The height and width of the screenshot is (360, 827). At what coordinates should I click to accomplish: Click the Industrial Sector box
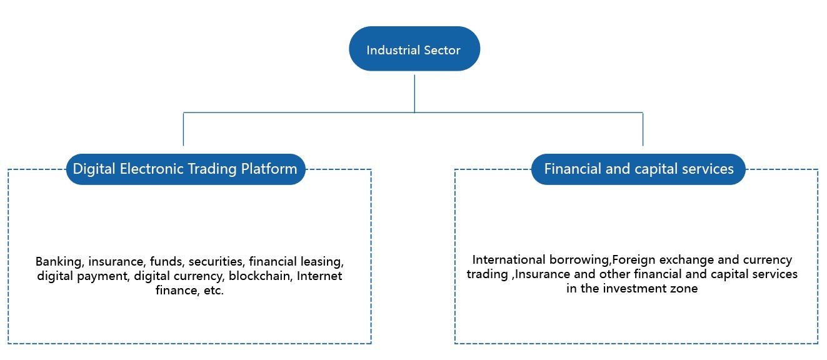(x=414, y=49)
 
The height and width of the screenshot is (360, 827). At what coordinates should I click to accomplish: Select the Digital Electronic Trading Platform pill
(x=186, y=169)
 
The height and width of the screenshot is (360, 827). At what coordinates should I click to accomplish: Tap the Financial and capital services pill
(x=638, y=169)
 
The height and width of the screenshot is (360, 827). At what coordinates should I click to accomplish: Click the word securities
(x=216, y=262)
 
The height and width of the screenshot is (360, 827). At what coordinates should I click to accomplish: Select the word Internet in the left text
(x=319, y=276)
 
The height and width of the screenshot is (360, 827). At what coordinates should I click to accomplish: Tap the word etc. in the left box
(x=214, y=291)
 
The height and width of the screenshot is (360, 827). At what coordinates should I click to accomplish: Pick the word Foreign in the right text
(x=634, y=260)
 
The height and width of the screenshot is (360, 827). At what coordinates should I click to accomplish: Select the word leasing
(x=321, y=262)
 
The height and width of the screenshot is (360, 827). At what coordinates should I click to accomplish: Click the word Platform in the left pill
(x=269, y=169)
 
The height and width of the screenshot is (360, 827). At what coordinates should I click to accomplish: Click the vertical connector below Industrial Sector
(x=414, y=93)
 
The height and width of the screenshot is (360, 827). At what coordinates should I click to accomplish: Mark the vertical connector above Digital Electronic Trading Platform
(x=184, y=129)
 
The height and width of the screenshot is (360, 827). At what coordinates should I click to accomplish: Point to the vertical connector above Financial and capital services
(x=643, y=129)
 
